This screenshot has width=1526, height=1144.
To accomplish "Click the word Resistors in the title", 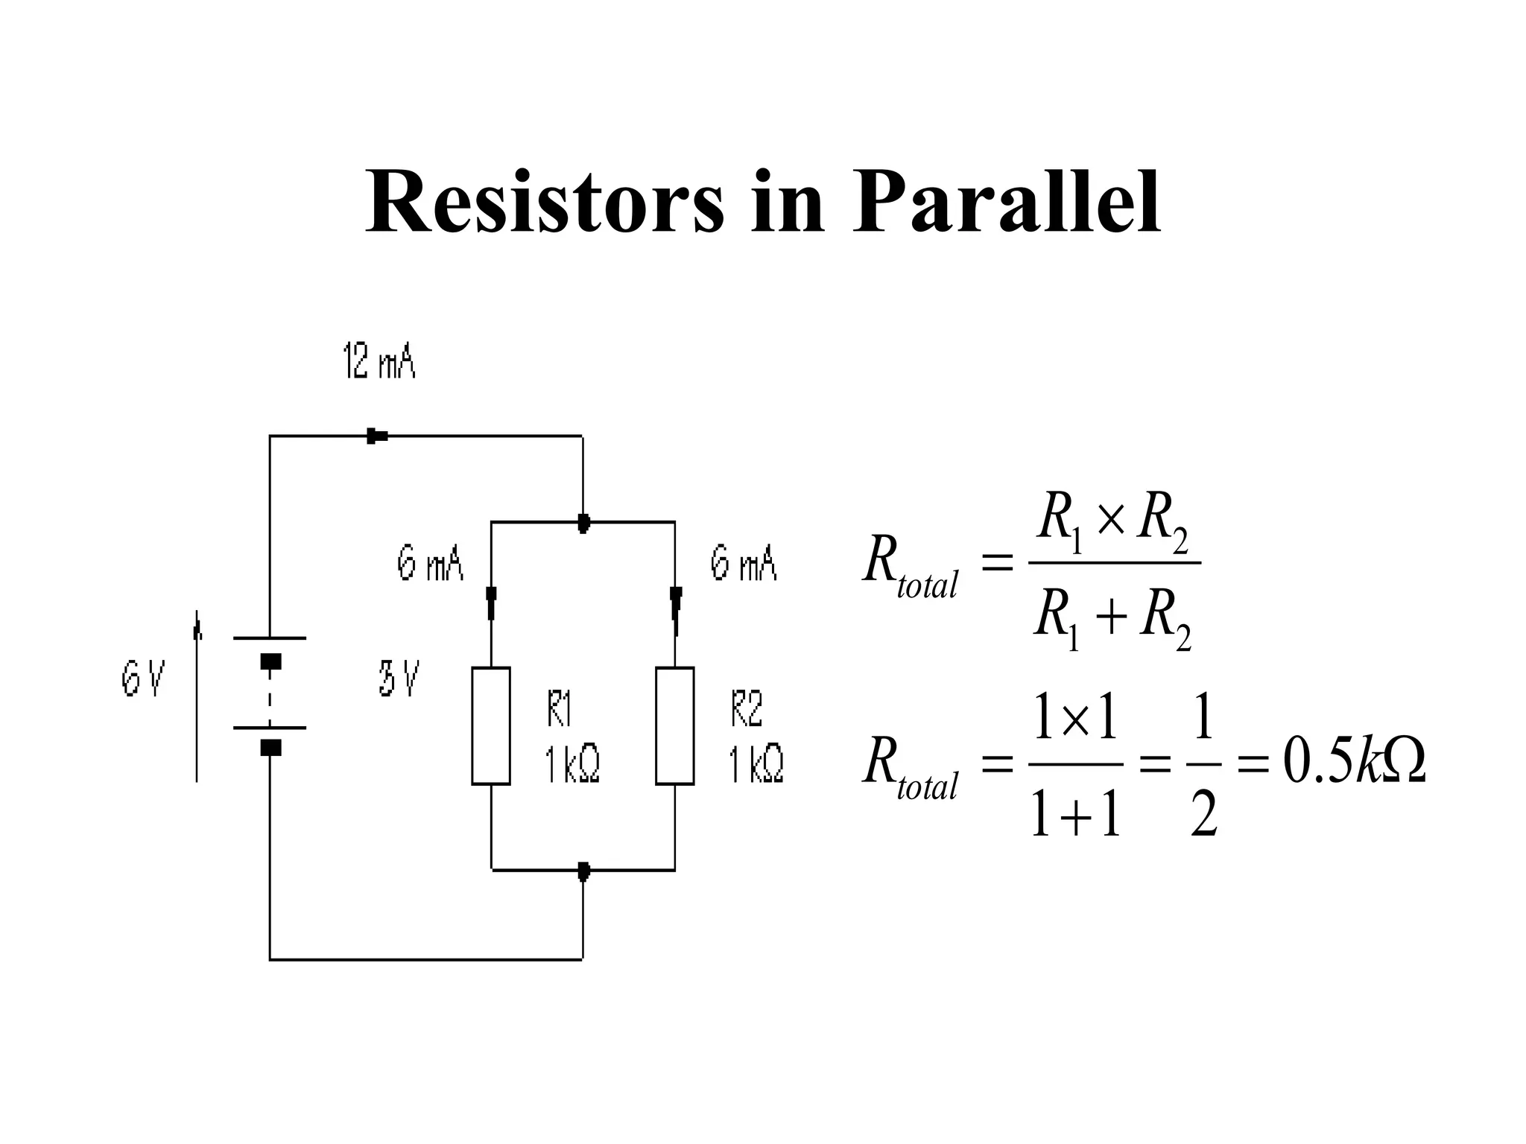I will tap(544, 203).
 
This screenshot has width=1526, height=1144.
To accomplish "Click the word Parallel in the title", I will tap(1006, 203).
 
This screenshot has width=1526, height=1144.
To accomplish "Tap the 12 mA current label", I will tap(379, 362).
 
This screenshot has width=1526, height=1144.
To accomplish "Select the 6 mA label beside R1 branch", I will tap(430, 564).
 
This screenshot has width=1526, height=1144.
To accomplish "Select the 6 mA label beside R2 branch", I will tap(743, 564).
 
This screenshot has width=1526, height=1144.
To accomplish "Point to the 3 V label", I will tap(399, 679).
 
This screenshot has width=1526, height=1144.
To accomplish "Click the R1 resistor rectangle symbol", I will tap(491, 725).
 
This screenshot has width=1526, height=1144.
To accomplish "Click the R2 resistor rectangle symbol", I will tap(675, 725).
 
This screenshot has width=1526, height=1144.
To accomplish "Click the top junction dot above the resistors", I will tap(583, 523).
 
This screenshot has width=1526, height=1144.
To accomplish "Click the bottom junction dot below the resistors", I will tap(583, 871).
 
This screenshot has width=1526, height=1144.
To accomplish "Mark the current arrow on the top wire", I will tap(377, 436).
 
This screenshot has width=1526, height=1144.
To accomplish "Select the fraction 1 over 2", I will tap(1203, 764).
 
